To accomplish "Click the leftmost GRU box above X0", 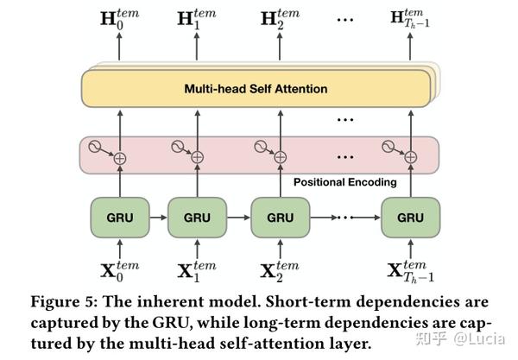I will pyautogui.click(x=120, y=218).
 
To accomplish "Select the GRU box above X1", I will pyautogui.click(x=197, y=218).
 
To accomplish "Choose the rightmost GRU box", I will pyautogui.click(x=410, y=218).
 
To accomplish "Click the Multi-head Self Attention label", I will pyautogui.click(x=256, y=88).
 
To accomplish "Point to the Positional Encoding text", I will pyautogui.click(x=345, y=182).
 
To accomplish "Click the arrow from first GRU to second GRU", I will pyautogui.click(x=158, y=218).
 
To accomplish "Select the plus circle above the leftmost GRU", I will pyautogui.click(x=120, y=157).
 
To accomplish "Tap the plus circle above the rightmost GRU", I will pyautogui.click(x=411, y=157).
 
